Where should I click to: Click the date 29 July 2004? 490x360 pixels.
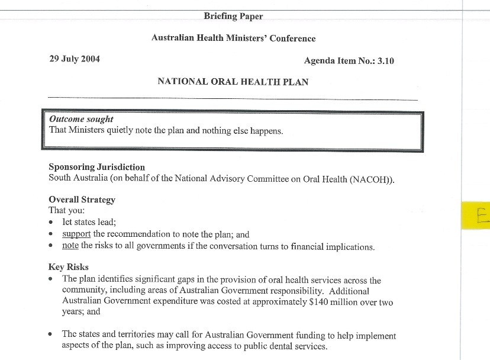pyautogui.click(x=74, y=59)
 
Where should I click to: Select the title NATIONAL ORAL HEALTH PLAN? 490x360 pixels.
pyautogui.click(x=233, y=82)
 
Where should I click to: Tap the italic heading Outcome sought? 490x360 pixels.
pyautogui.click(x=81, y=119)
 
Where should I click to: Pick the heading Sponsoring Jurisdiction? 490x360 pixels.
pyautogui.click(x=96, y=167)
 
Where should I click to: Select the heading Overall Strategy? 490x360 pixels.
pyautogui.click(x=82, y=200)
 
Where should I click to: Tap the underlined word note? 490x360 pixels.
pyautogui.click(x=70, y=246)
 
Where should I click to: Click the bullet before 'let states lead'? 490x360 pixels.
pyautogui.click(x=51, y=223)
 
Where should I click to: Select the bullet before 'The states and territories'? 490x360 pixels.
pyautogui.click(x=51, y=335)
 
